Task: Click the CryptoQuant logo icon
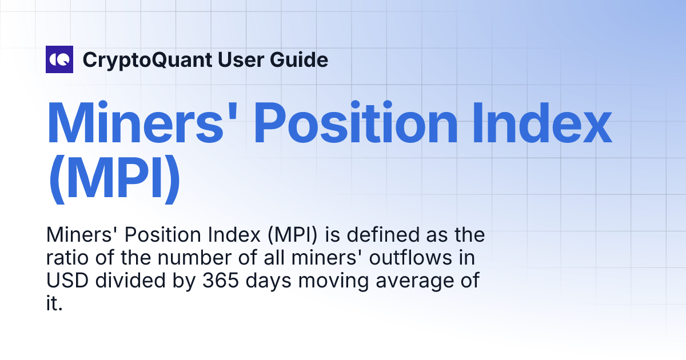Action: [x=59, y=59]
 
